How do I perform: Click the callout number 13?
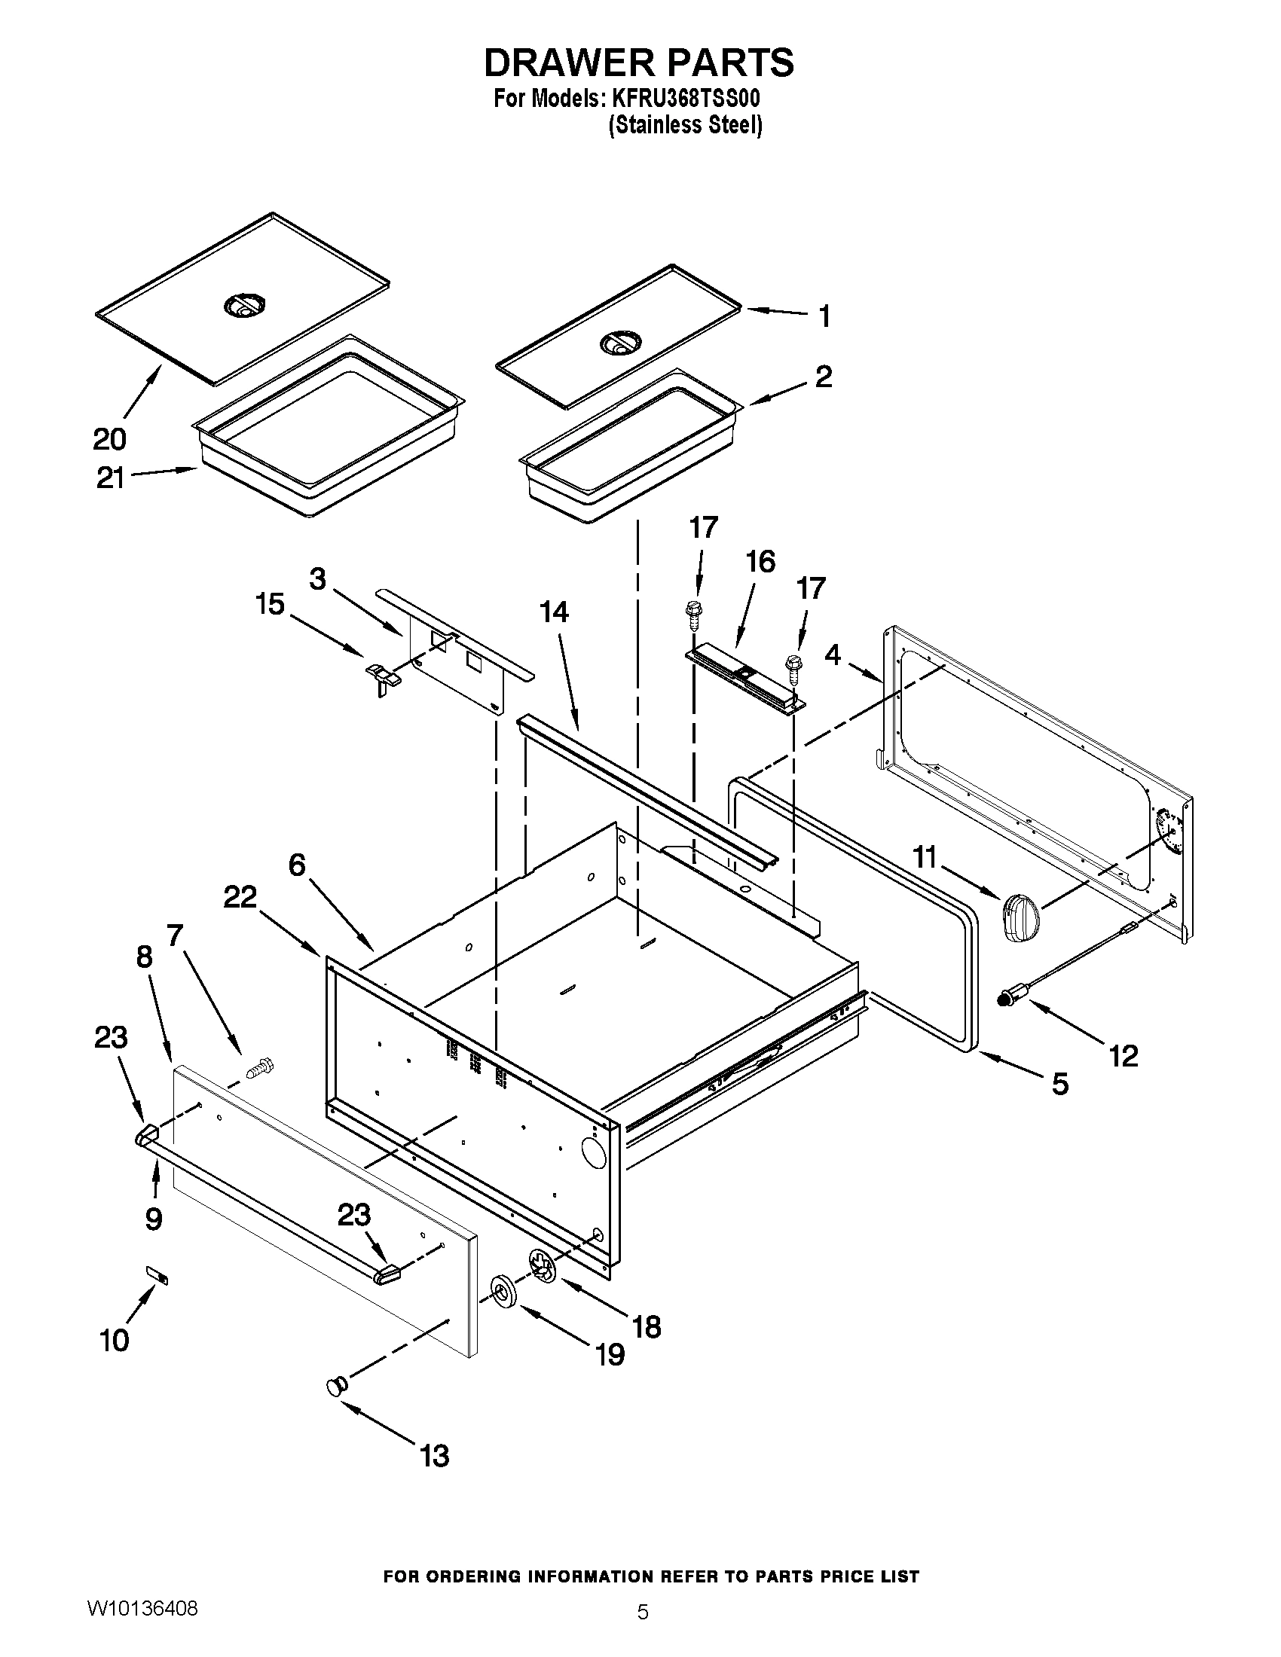[x=434, y=1456]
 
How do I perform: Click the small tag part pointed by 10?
[x=157, y=1275]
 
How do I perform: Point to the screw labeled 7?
[x=259, y=1068]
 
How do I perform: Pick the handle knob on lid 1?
[x=618, y=345]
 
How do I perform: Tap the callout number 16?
[x=760, y=561]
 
